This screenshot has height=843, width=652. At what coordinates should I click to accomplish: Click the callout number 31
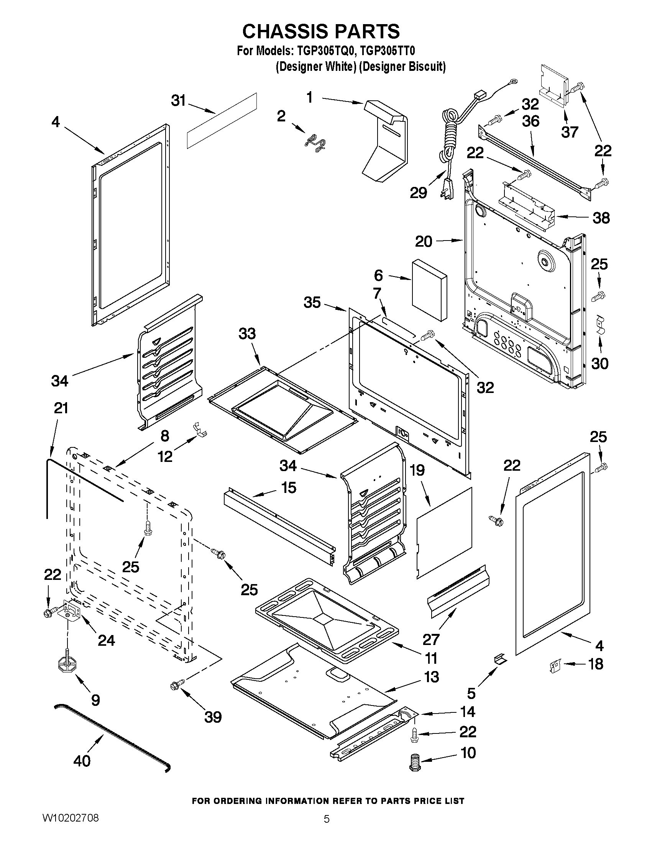coord(179,101)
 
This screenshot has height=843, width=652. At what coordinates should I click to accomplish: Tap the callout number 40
coord(82,761)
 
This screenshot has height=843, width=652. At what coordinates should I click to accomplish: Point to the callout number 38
coord(601,218)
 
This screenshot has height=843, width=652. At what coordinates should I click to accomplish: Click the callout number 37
coord(569,132)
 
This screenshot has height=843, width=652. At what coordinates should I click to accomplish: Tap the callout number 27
coord(431,640)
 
